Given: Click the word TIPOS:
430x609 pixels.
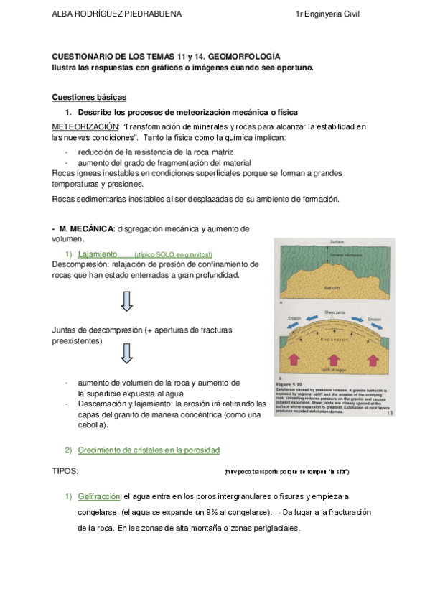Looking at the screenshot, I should click(65, 470).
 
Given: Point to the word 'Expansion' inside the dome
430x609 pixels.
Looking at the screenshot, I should click(335, 335).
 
